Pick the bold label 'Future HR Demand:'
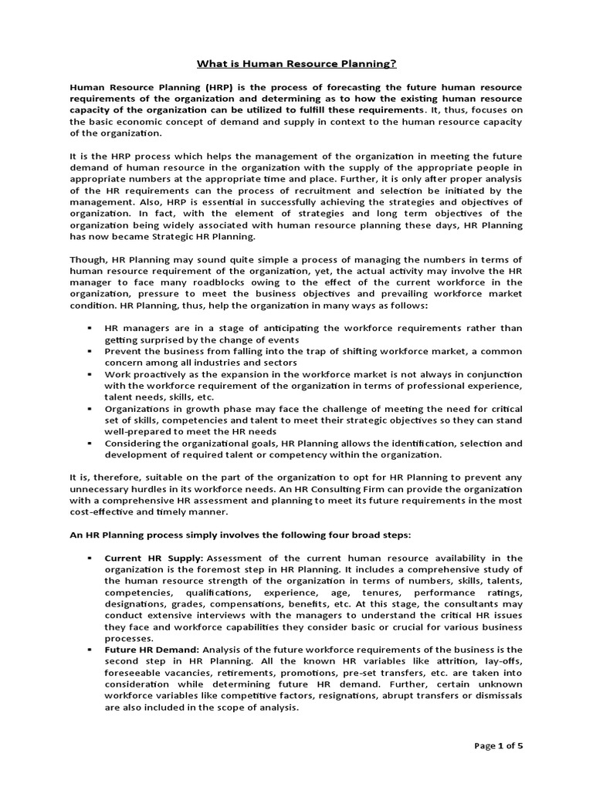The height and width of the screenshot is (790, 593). pos(151,650)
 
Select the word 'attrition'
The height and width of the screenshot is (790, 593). pos(388,661)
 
